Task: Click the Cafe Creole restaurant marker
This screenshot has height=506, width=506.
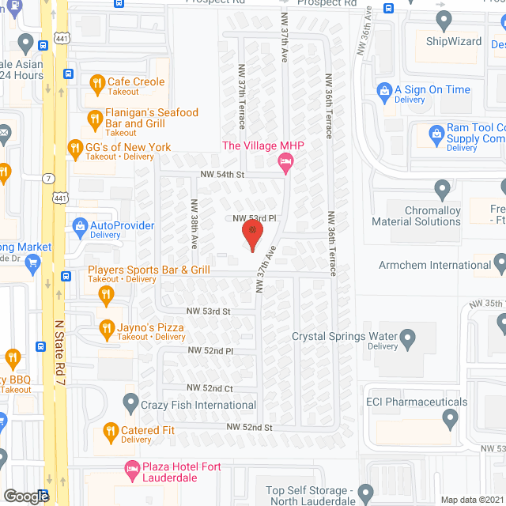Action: click(96, 82)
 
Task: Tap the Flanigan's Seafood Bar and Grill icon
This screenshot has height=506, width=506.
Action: click(95, 119)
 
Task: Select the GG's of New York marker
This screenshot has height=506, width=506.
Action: click(75, 148)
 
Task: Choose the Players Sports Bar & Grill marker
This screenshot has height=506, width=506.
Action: click(106, 296)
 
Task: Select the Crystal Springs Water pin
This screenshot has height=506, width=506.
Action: click(408, 340)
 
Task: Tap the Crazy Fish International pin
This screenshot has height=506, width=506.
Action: click(132, 404)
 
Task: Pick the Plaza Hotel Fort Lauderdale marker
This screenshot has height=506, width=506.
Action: click(131, 470)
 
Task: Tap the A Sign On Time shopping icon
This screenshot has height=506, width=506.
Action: click(384, 90)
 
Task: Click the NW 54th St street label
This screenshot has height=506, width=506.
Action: click(223, 174)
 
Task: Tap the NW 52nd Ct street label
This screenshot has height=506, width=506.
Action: click(210, 388)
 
